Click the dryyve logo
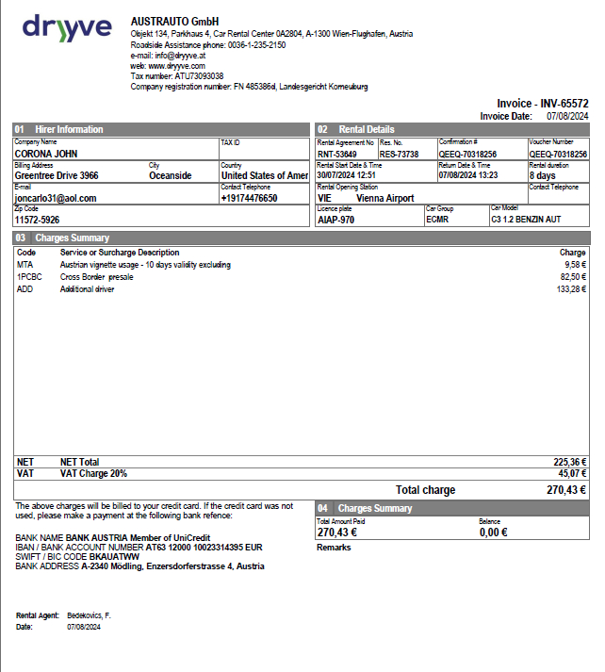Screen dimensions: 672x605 (x=67, y=28)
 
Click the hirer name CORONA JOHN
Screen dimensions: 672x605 (x=46, y=154)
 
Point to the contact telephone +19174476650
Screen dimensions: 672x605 (x=249, y=199)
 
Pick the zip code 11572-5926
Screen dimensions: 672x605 (x=37, y=221)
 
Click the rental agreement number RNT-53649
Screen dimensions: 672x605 (x=337, y=154)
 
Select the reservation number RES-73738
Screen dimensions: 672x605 (x=399, y=154)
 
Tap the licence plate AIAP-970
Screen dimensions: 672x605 (x=336, y=220)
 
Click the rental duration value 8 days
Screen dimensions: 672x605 (x=543, y=176)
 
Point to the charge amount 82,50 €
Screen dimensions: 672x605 (x=572, y=277)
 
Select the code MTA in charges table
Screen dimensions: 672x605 (x=25, y=265)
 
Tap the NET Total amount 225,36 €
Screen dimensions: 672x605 (x=569, y=462)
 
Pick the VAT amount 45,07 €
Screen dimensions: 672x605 (x=571, y=474)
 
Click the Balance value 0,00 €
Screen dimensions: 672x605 (x=493, y=533)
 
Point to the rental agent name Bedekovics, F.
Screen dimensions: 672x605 (x=89, y=615)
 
